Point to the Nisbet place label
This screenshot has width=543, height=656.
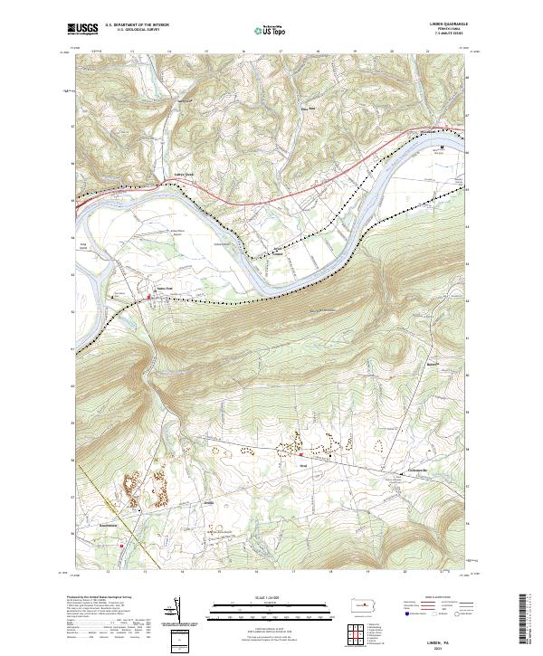[279, 255]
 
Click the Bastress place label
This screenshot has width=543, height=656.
[433, 365]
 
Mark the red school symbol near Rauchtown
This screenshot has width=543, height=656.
[120, 546]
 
